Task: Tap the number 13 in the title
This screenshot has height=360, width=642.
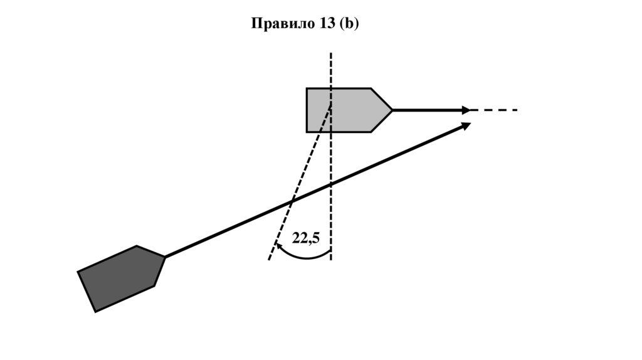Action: point(327,24)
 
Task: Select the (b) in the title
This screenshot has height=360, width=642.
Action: point(349,24)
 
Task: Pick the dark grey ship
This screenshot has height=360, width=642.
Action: point(122,278)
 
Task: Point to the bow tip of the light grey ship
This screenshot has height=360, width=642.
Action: point(392,110)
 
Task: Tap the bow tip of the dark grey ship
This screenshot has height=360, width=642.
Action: point(165,257)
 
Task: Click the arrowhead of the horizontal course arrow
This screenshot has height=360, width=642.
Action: point(466,110)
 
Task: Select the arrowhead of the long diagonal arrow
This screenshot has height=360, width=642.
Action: point(466,125)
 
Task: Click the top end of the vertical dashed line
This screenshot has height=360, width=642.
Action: point(331,54)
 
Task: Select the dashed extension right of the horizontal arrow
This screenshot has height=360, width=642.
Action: point(495,110)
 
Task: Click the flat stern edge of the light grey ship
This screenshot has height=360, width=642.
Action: point(307,110)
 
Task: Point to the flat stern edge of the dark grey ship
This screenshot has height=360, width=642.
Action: point(87,292)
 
